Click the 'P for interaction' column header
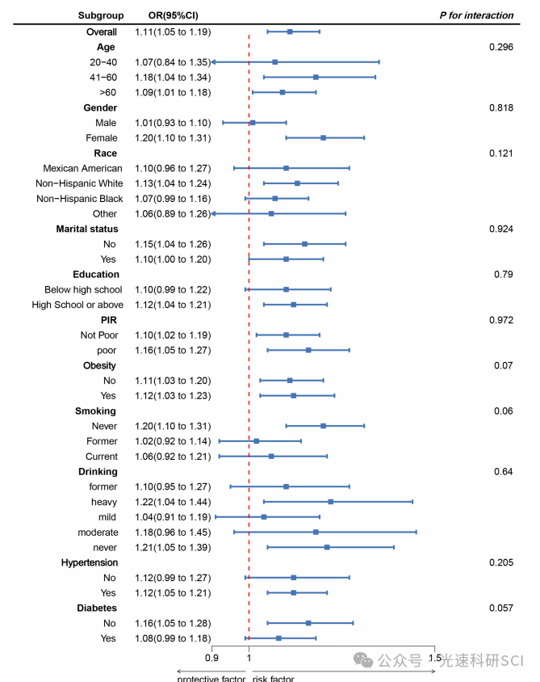(x=476, y=15)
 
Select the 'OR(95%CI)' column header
(x=173, y=15)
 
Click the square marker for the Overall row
(x=290, y=32)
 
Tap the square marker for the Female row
(x=323, y=138)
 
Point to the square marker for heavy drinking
(x=331, y=502)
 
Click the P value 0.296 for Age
(x=500, y=47)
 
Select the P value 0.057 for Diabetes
(x=500, y=608)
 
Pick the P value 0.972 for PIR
(x=500, y=320)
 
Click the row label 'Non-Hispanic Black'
(x=80, y=199)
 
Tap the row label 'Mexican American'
(x=83, y=168)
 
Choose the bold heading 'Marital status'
(x=87, y=229)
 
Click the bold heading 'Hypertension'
(x=89, y=562)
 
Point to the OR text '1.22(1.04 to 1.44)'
(x=173, y=502)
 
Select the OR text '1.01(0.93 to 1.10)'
(x=173, y=123)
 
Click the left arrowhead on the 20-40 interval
(x=214, y=62)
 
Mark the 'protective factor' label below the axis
(x=211, y=678)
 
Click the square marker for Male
(x=253, y=123)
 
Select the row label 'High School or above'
(x=77, y=305)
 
